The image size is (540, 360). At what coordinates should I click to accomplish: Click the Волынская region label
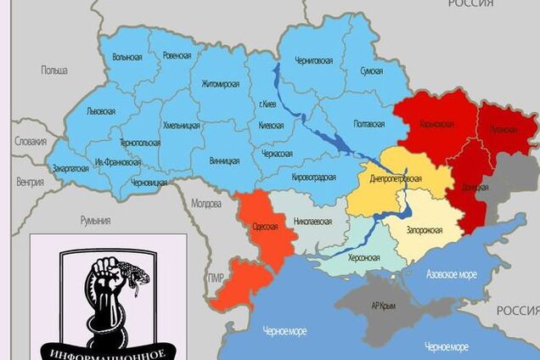[x=126, y=58]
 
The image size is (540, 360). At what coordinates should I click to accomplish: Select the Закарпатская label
[x=70, y=168]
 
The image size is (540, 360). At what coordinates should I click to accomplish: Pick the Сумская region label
[x=371, y=72]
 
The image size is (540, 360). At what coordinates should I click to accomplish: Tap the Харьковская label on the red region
[x=437, y=124]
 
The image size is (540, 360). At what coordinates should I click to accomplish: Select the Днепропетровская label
[x=397, y=179]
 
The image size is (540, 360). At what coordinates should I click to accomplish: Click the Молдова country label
[x=205, y=204]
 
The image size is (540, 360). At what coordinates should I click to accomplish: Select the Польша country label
[x=53, y=70]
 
